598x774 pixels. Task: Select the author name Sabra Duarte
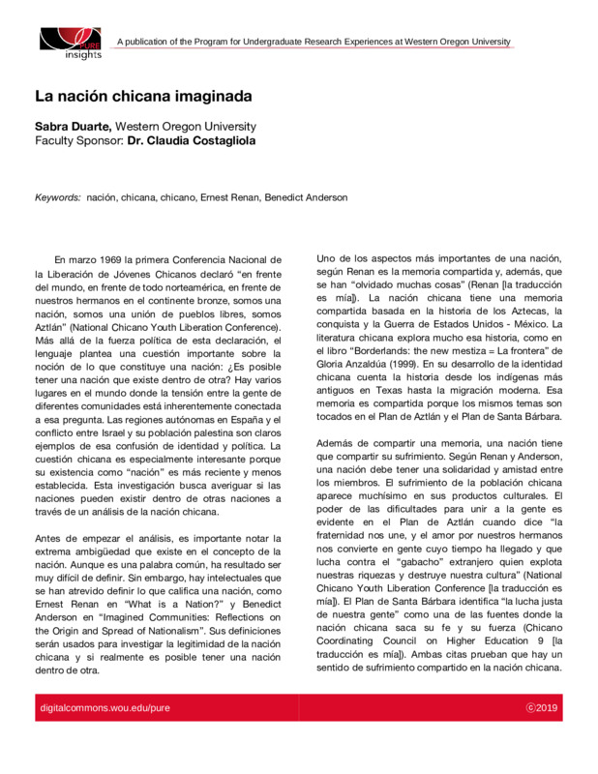71,127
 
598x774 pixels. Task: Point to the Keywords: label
57,197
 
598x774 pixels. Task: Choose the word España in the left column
246,419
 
